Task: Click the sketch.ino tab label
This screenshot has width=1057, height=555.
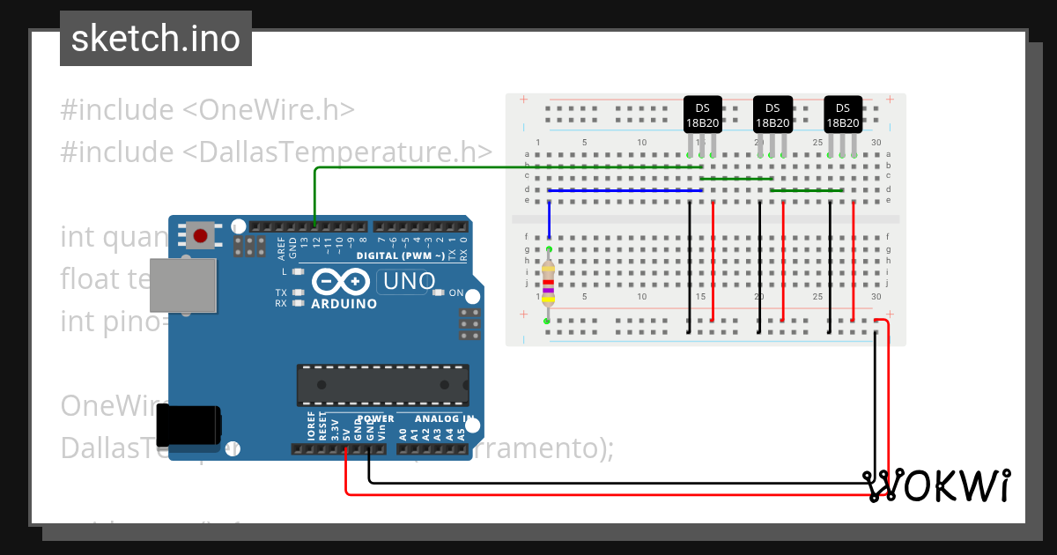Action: click(x=156, y=39)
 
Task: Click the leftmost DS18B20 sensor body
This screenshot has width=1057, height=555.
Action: click(x=703, y=115)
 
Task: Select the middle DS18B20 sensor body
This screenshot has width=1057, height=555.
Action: click(x=772, y=115)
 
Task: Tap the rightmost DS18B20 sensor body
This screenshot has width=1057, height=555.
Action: click(x=843, y=115)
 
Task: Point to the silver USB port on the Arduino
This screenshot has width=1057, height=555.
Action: click(x=181, y=285)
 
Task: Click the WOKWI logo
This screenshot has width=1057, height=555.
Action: click(x=937, y=485)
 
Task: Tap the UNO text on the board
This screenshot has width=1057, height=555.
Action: click(x=407, y=281)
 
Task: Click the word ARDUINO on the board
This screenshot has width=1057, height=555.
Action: click(x=344, y=304)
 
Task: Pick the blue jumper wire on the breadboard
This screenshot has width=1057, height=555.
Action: click(x=625, y=189)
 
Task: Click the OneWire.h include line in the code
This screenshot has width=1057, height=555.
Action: click(x=208, y=110)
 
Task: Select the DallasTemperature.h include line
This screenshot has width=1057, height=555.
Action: click(x=276, y=152)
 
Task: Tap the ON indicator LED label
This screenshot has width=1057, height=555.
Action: click(x=456, y=292)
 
